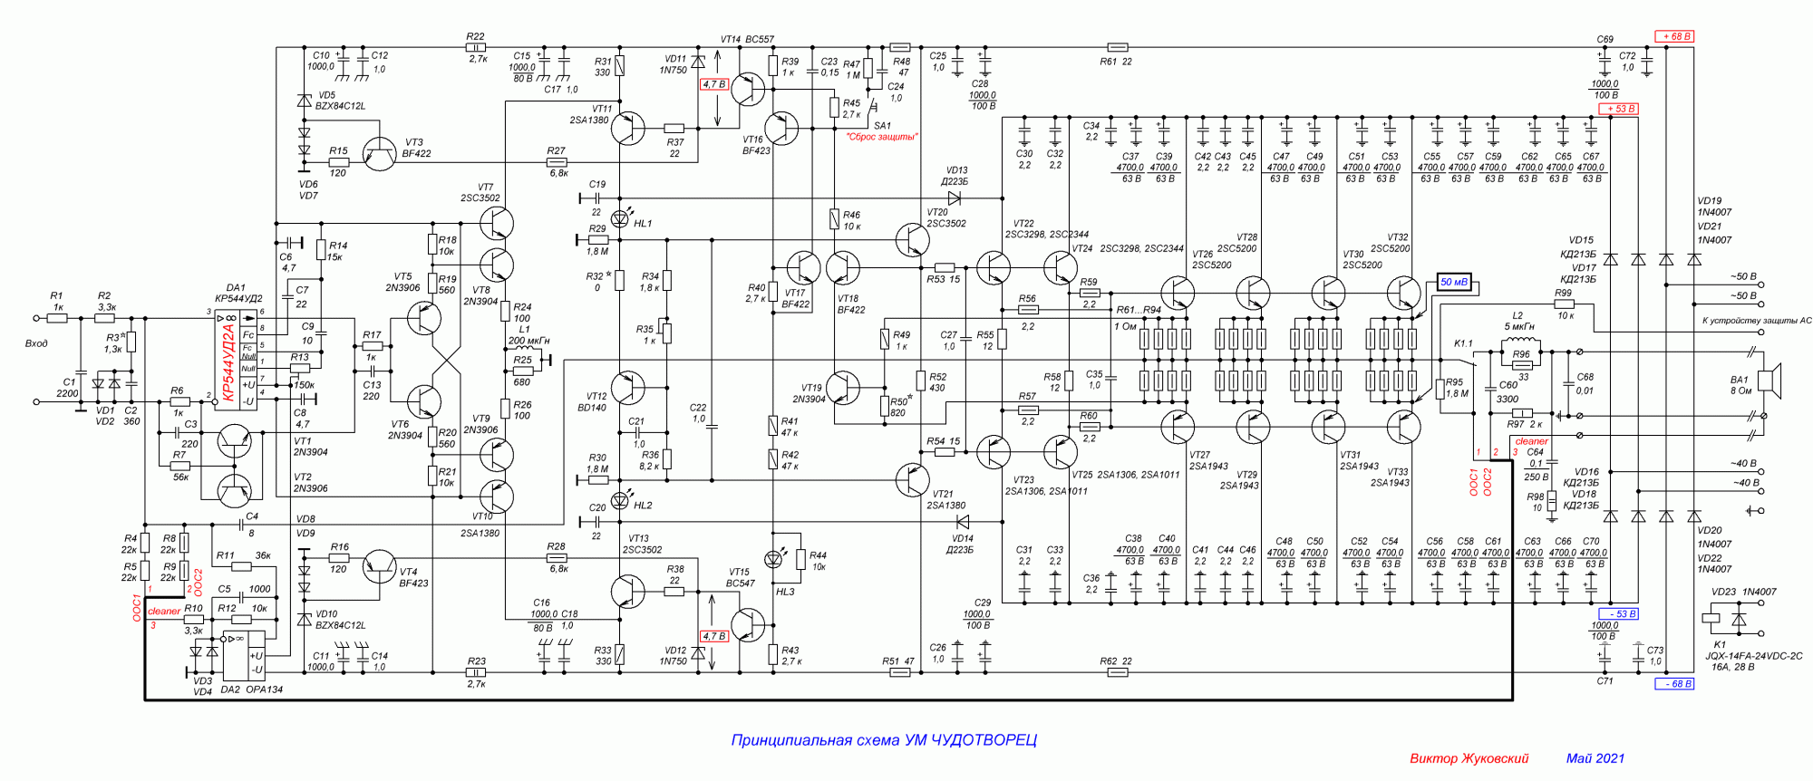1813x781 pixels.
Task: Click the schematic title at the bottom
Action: coord(884,740)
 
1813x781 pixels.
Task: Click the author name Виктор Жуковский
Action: coord(1469,758)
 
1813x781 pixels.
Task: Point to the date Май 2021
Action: coord(1595,758)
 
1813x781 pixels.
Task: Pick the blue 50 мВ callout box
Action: coord(1454,283)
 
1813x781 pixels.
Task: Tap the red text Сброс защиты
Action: coord(881,137)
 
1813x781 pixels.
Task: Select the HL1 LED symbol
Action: coord(621,218)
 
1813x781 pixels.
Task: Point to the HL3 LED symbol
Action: coord(773,559)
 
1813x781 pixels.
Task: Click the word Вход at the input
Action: coord(36,343)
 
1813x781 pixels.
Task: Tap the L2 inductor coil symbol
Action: coord(1520,342)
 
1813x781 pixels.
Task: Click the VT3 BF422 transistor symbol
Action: coord(379,155)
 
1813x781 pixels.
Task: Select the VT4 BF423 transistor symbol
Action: coord(379,567)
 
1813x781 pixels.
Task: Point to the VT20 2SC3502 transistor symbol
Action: coord(913,239)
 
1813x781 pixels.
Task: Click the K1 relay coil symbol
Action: coord(1711,621)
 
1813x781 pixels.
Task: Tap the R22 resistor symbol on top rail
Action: coord(476,47)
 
